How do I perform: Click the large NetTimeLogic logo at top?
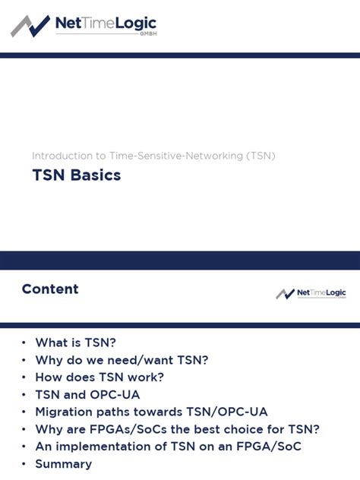[84, 26]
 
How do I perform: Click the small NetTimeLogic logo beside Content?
[311, 293]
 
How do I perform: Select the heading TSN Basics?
[76, 175]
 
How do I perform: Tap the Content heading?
[50, 289]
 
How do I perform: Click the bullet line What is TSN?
[75, 343]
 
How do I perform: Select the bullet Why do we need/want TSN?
[122, 360]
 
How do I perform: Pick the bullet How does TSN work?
[99, 377]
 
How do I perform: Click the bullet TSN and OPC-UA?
[87, 394]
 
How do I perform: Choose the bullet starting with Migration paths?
[151, 412]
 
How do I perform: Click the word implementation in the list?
[100, 447]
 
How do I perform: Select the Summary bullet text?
[63, 464]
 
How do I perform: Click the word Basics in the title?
[96, 175]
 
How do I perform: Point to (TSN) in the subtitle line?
[261, 156]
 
